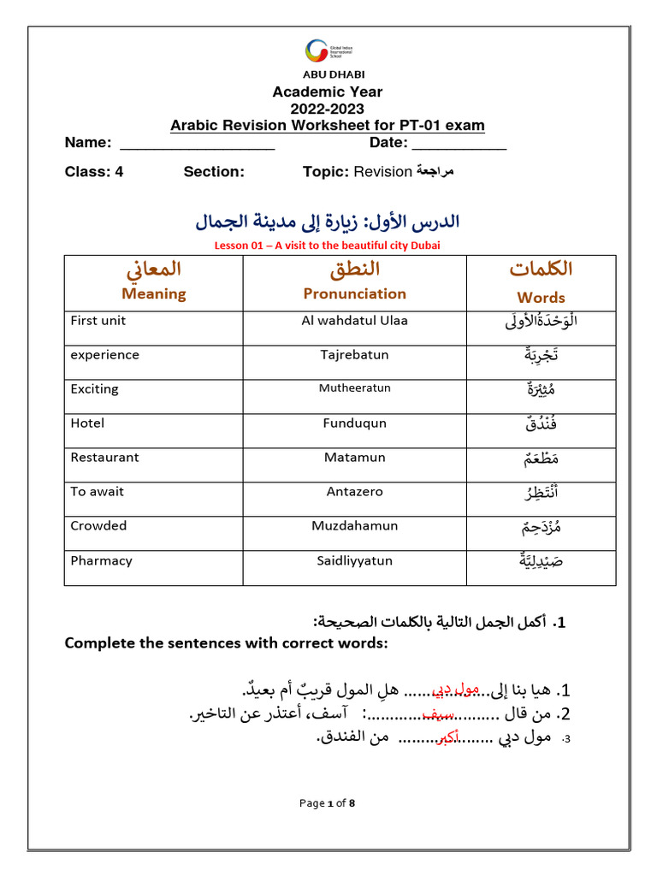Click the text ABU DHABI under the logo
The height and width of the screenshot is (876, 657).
coord(328,74)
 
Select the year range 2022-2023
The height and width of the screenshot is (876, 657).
coord(328,109)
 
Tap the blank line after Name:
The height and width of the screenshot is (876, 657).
coord(197,144)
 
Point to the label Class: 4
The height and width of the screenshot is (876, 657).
coord(94,171)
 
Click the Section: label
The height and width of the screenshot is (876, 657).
coord(214,171)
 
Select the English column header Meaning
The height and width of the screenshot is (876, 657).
coord(154,293)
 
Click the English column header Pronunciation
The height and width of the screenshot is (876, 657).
coord(354,293)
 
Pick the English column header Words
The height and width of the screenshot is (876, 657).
coord(541,298)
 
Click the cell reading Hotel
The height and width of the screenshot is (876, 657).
coord(87,423)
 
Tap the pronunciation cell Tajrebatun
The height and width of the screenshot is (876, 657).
coord(354,355)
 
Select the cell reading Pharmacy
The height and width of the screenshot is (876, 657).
coord(101,561)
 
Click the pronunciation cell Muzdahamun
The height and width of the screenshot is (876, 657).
coord(354,526)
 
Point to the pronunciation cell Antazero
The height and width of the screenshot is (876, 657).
coord(354,492)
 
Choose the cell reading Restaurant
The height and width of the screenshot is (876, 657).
coord(104,458)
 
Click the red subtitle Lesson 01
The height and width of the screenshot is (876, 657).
coord(328,246)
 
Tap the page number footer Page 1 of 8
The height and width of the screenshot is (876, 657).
coord(327,803)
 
